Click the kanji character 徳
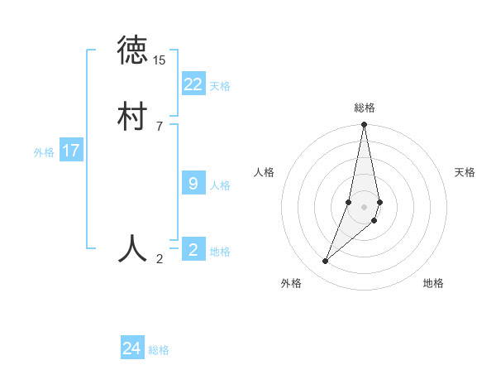pos(132,50)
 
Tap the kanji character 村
pos(132,115)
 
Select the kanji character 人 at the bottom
pos(132,248)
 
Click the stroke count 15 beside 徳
pos(160,60)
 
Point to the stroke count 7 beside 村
pos(160,126)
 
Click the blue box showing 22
pos(193,84)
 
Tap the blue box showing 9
pos(193,183)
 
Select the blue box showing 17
pos(71,151)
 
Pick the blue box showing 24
pos(132,348)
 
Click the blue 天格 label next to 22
pos(220,86)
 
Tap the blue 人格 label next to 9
pos(220,185)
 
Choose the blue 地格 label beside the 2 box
pos(220,252)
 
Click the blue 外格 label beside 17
pos(44,152)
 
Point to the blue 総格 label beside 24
pos(159,350)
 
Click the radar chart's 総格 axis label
pos(364,108)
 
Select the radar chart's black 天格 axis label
pos(465,172)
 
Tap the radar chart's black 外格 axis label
pos(291,283)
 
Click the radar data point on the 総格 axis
pos(364,125)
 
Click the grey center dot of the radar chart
pos(364,207)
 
